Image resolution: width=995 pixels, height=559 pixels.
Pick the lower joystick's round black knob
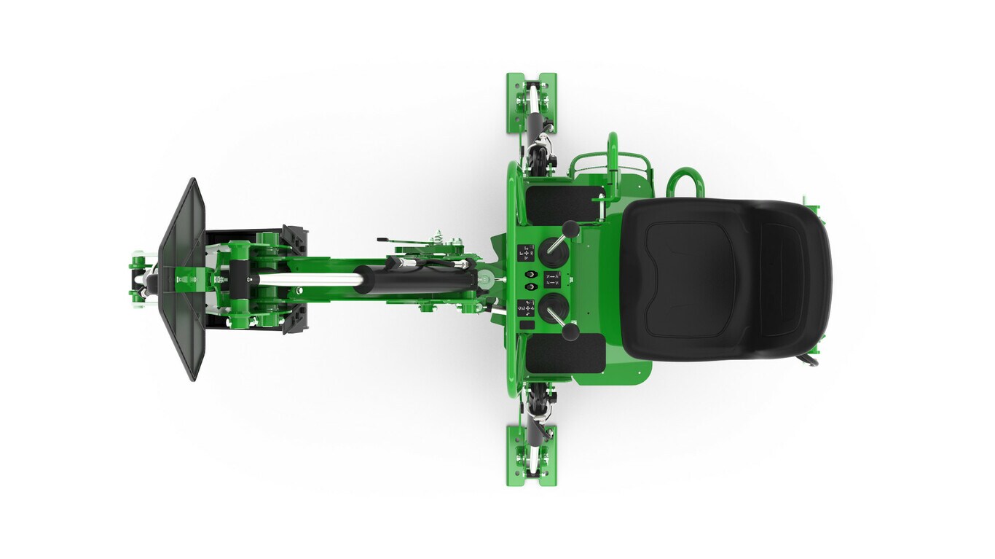pyautogui.click(x=572, y=332)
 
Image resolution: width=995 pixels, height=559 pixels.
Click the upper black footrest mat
pyautogui.click(x=564, y=204)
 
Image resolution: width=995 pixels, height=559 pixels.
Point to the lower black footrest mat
pyautogui.click(x=565, y=353)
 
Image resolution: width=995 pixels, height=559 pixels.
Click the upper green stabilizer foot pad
pyautogui.click(x=531, y=103)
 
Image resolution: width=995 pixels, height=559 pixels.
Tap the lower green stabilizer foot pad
pyautogui.click(x=531, y=456)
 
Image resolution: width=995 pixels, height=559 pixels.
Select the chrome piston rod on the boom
pyautogui.click(x=306, y=279)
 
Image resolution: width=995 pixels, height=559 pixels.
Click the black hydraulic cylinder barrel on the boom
pyautogui.click(x=415, y=279)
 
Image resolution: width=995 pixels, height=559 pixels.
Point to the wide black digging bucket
pyautogui.click(x=182, y=279)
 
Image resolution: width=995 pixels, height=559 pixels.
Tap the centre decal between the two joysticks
pyautogui.click(x=553, y=279)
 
